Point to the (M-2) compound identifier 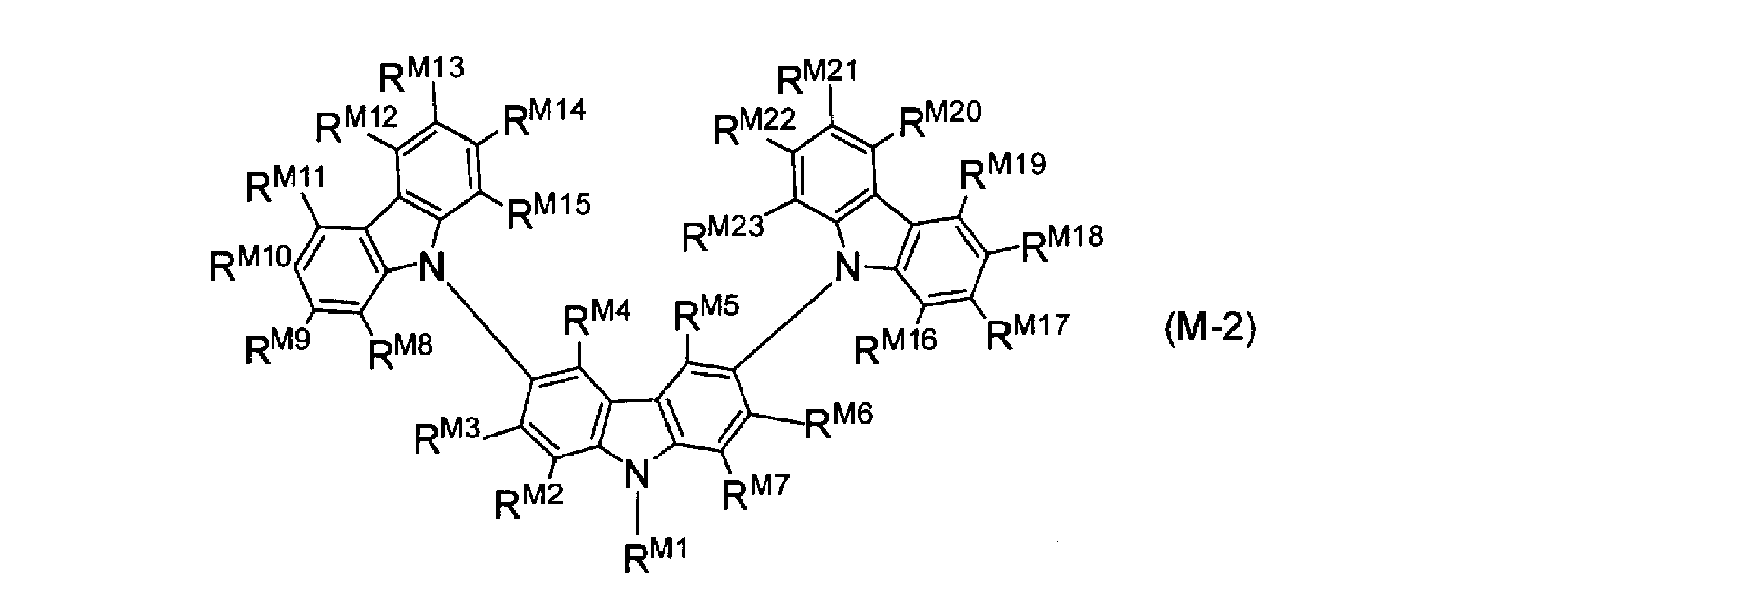point(1210,331)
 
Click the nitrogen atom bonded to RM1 point(636,474)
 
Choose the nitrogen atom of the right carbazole point(848,267)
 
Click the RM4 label point(598,318)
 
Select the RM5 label point(707,313)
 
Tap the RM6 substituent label point(839,420)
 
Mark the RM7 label point(756,492)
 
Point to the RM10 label point(251,263)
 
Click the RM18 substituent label point(1062,243)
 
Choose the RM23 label point(723,232)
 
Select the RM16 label point(896,346)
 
